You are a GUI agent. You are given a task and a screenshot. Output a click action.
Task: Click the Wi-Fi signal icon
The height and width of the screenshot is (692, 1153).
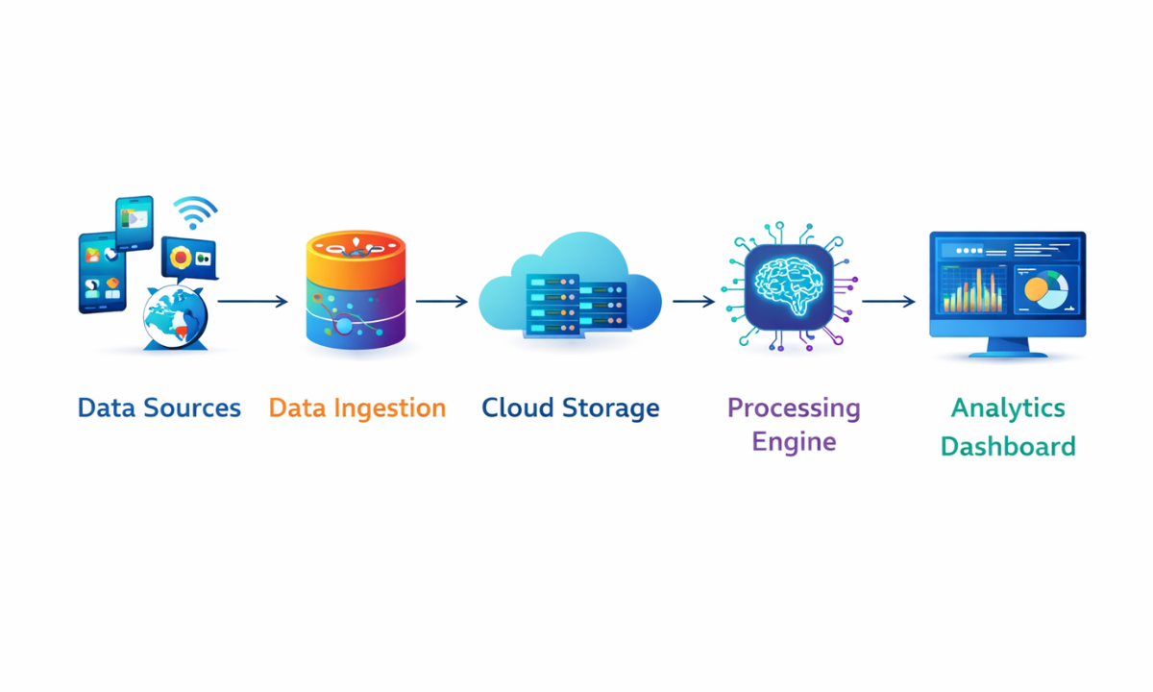[x=195, y=212]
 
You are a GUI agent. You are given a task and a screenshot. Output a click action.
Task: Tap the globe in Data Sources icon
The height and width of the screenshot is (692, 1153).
[x=174, y=317]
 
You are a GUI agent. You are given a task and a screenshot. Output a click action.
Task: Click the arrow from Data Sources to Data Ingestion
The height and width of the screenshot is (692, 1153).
[x=253, y=302]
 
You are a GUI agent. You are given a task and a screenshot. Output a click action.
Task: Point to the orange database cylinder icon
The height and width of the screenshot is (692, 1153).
[x=356, y=289]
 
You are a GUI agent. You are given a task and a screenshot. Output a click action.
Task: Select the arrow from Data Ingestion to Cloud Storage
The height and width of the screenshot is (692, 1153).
[x=442, y=302]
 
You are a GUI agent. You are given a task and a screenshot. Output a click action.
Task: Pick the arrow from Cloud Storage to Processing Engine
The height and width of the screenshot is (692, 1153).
[x=694, y=302]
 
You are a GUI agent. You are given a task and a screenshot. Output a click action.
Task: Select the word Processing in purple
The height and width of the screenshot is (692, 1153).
[x=794, y=408]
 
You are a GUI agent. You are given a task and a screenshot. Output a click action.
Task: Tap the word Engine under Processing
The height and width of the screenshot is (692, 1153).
[x=794, y=442]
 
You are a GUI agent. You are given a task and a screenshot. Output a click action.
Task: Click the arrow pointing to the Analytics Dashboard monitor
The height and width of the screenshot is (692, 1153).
[x=889, y=302]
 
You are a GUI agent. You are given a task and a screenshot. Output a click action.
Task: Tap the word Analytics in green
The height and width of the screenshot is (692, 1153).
[x=1008, y=408]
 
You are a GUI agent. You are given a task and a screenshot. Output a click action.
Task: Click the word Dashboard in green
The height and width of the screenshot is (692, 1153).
[x=1008, y=447]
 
